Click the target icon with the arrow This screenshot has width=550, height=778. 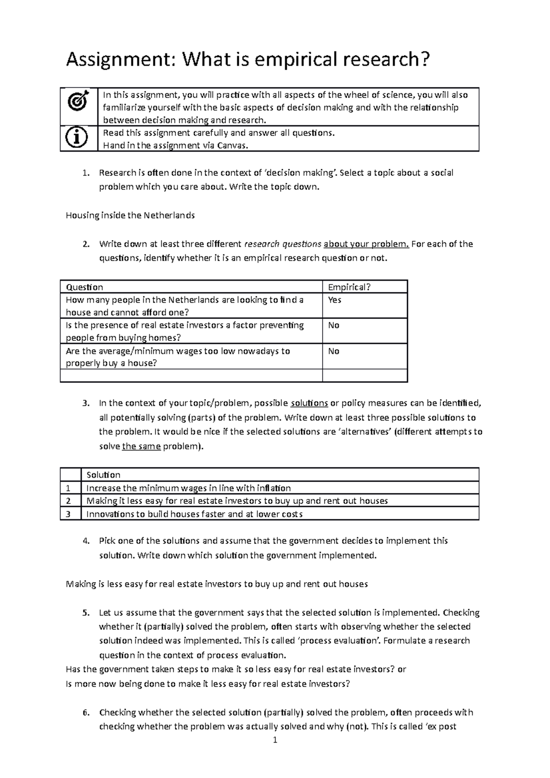pyautogui.click(x=78, y=100)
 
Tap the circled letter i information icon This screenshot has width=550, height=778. pyautogui.click(x=78, y=138)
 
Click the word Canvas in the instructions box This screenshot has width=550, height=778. pyautogui.click(x=232, y=146)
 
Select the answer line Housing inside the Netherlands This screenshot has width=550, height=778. pyautogui.click(x=130, y=215)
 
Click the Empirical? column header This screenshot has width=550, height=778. pyautogui.click(x=349, y=287)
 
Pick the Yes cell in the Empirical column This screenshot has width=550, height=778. pyautogui.click(x=335, y=300)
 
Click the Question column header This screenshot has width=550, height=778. pyautogui.click(x=84, y=287)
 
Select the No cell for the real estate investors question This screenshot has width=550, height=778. pyautogui.click(x=334, y=325)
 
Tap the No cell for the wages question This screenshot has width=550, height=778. pyautogui.click(x=334, y=351)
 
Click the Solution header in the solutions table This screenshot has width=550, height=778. pyautogui.click(x=103, y=475)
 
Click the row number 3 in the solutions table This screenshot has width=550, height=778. pyautogui.click(x=68, y=514)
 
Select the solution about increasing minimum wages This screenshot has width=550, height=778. pyautogui.click(x=188, y=488)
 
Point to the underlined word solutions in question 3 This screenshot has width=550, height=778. pyautogui.click(x=309, y=404)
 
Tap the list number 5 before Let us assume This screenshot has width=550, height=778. pyautogui.click(x=85, y=613)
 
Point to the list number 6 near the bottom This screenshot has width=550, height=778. pyautogui.click(x=85, y=712)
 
